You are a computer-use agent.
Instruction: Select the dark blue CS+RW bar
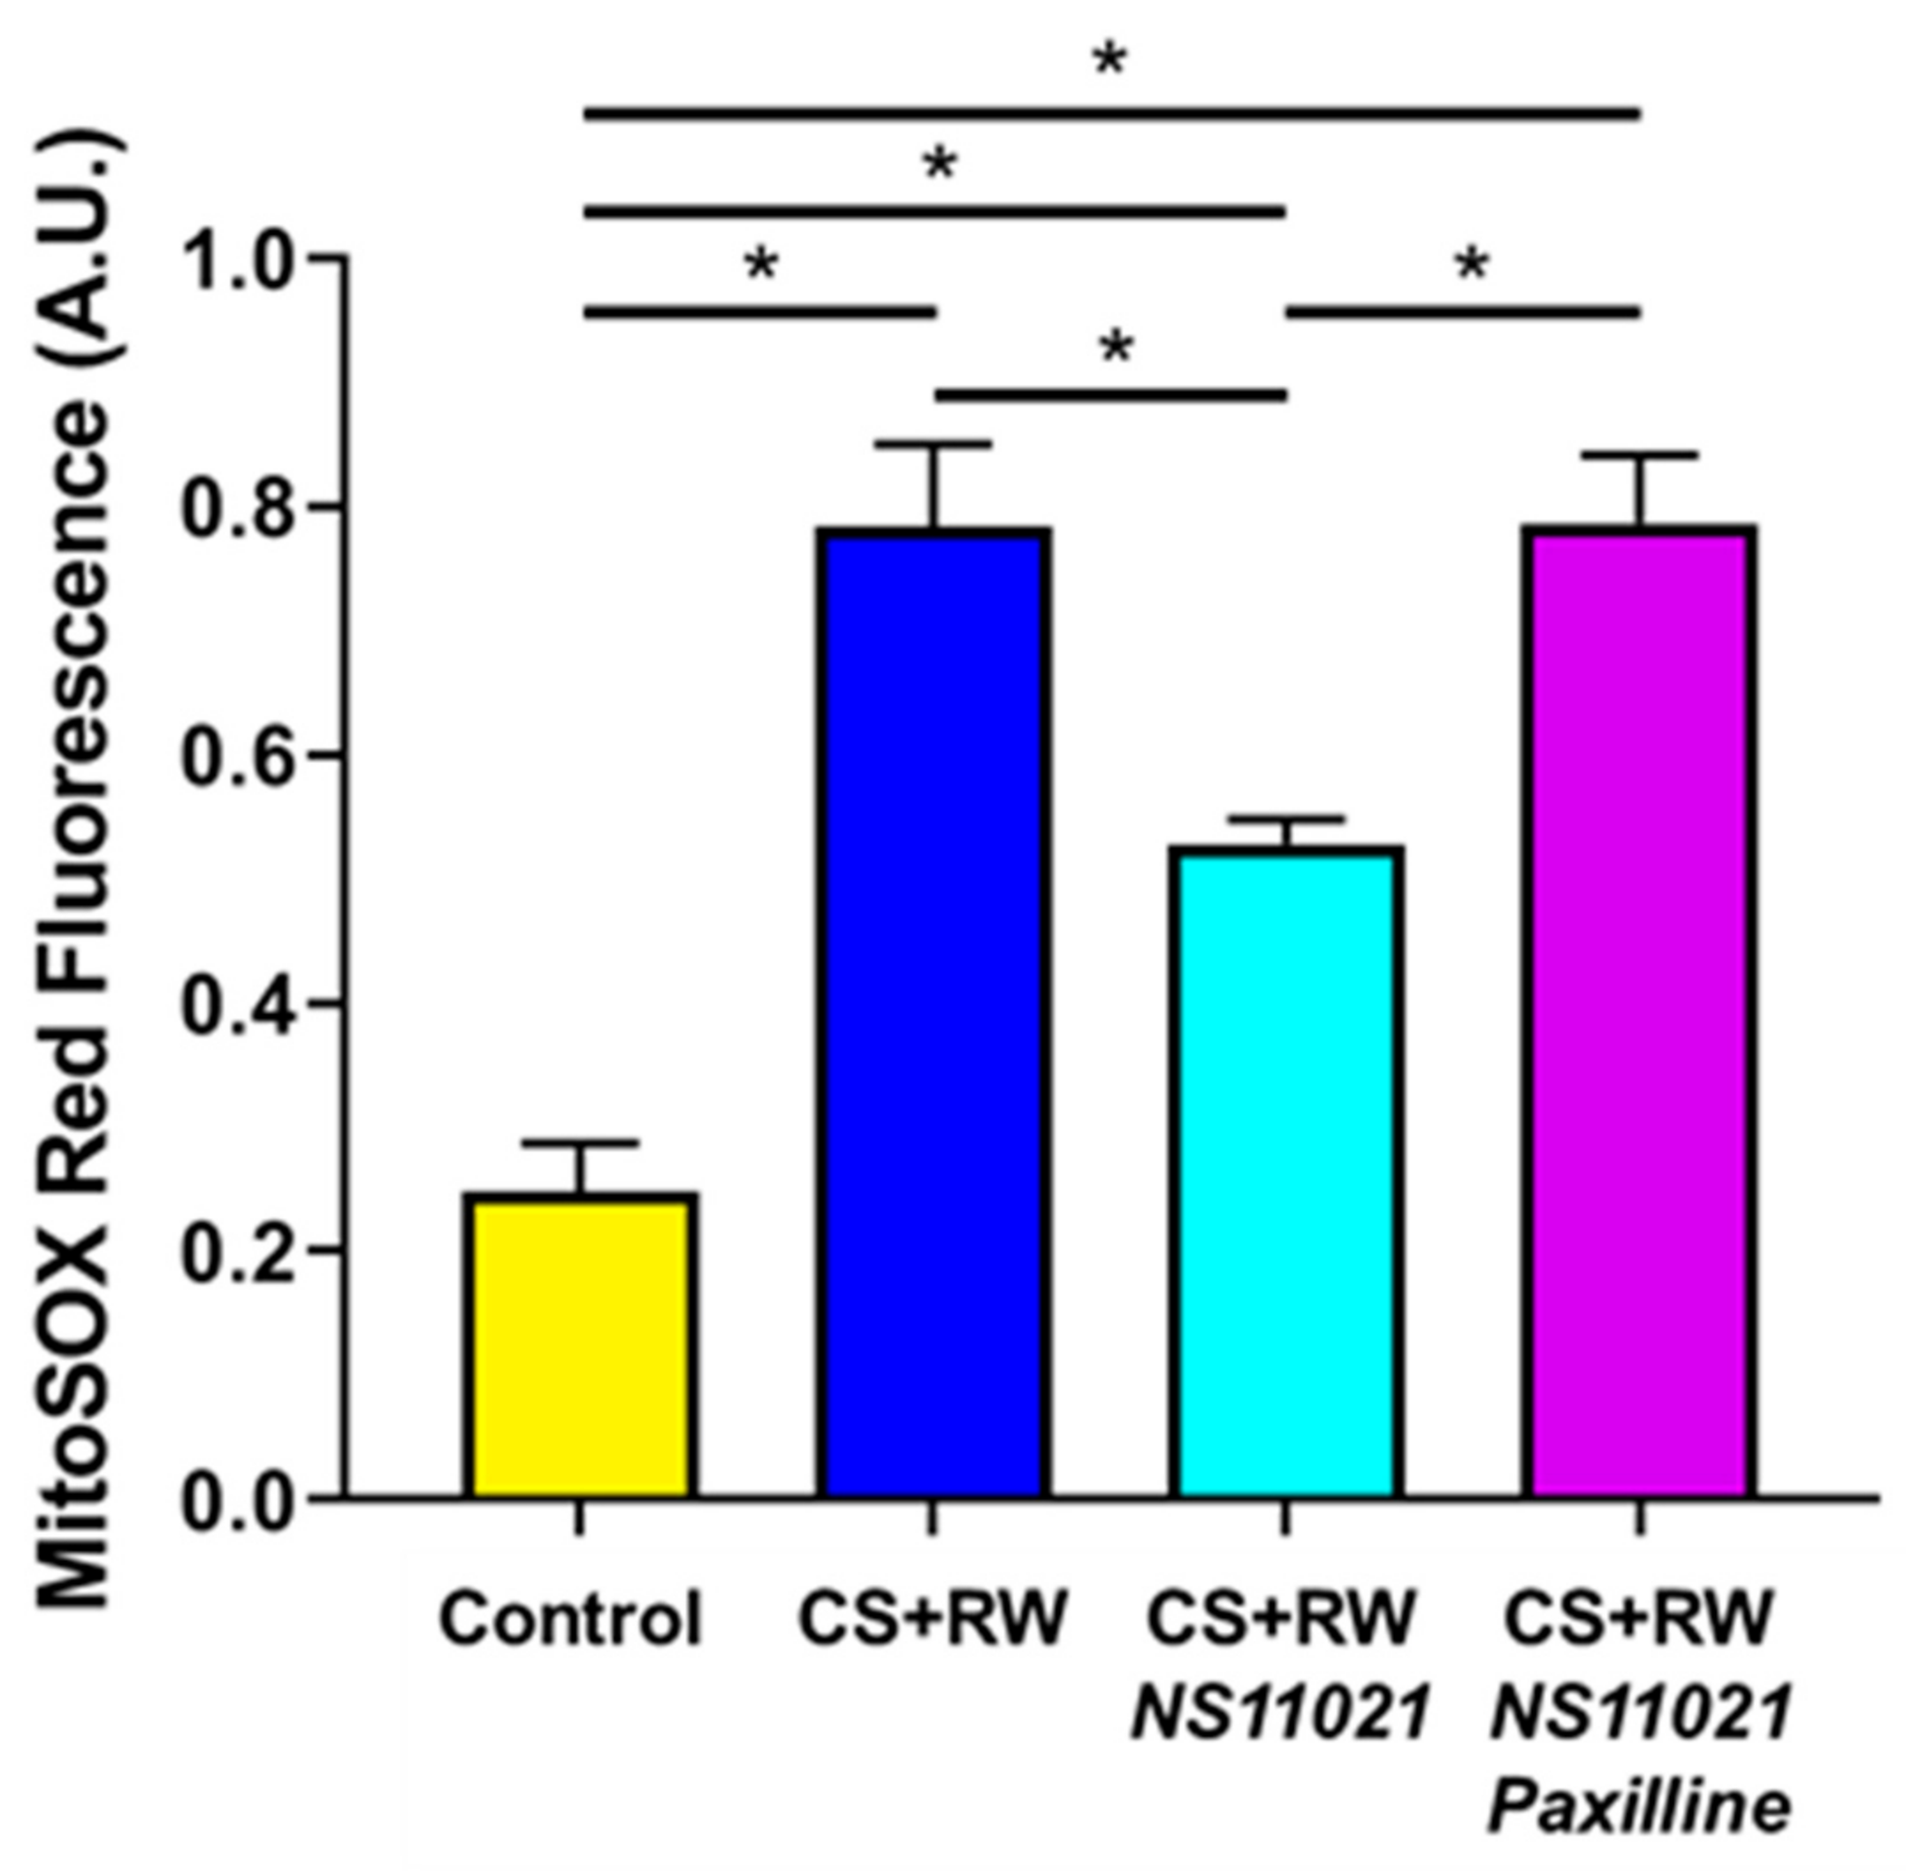pos(934,1014)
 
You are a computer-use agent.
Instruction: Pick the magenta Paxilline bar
pos(1639,1014)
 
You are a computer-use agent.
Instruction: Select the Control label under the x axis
pos(571,1619)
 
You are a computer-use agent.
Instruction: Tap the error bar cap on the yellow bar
pos(581,1144)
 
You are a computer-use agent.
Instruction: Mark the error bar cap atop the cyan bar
pos(1287,819)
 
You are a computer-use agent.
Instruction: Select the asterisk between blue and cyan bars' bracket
pos(1116,347)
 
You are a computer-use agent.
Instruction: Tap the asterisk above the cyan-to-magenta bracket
pos(1471,264)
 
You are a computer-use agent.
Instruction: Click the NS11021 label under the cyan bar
pos(1281,1713)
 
